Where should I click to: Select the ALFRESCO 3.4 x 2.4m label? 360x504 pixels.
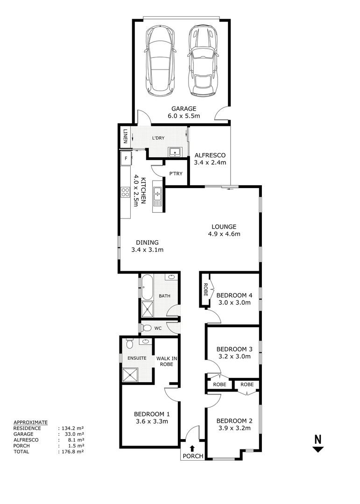point(210,159)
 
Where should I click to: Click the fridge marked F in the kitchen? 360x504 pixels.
point(125,159)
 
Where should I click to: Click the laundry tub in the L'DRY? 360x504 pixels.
point(176,151)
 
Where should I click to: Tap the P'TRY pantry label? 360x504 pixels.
point(176,174)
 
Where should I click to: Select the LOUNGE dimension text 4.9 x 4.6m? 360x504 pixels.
point(224,234)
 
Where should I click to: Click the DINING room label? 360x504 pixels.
point(148,242)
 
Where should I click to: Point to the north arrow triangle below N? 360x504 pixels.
point(318,449)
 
